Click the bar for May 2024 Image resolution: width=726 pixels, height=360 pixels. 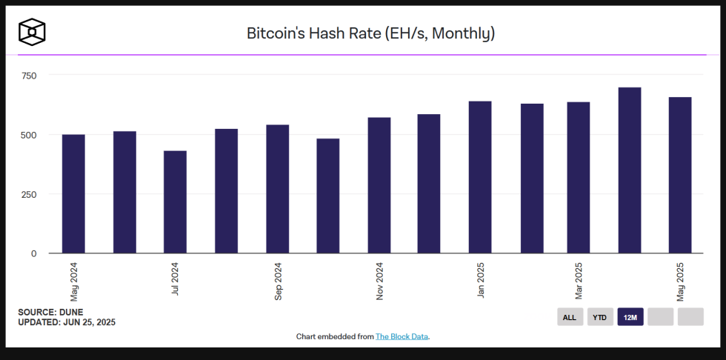coord(73,194)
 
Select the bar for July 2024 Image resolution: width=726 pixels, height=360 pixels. coord(175,202)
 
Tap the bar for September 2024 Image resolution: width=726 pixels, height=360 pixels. coord(277,189)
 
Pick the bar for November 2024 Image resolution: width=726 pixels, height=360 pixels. coord(379,185)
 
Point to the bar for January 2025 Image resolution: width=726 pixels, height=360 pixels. coord(480,177)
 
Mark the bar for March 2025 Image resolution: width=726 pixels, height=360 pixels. coord(579,178)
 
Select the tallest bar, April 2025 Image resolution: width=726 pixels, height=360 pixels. coord(630,170)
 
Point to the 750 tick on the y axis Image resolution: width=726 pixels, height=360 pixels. coord(29,76)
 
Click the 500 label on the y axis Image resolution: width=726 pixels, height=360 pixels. coord(29,135)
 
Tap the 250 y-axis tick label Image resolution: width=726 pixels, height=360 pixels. coord(29,194)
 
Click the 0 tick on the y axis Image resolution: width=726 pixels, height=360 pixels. coord(33,253)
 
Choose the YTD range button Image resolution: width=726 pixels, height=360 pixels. coord(600,317)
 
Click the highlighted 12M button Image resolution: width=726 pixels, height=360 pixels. coord(630,317)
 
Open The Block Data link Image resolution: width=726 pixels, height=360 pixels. coord(402,336)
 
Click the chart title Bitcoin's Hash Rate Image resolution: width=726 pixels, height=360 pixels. coord(370,33)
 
